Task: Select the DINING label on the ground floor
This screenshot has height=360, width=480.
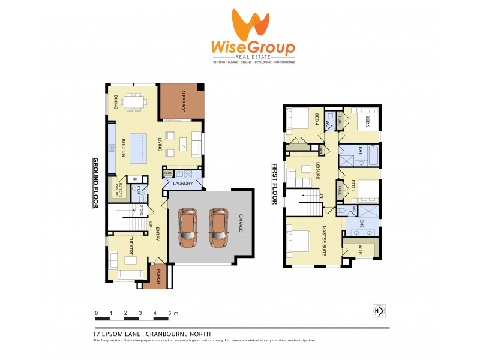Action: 116,103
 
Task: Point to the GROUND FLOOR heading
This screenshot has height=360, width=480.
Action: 94,183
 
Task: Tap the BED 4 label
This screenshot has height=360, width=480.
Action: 317,120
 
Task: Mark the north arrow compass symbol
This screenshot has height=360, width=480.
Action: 378,311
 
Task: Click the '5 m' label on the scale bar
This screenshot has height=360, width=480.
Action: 173,313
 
